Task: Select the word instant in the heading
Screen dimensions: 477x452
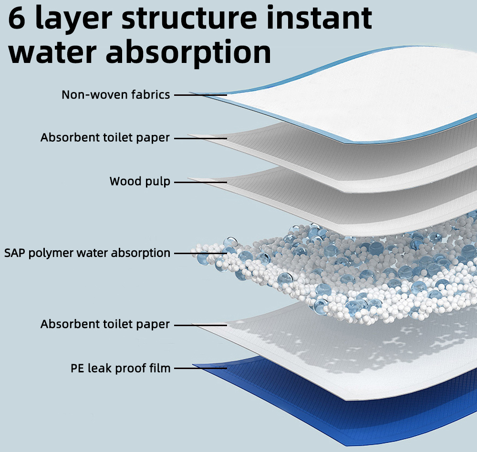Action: pyautogui.click(x=319, y=17)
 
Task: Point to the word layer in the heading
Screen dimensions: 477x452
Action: pyautogui.click(x=73, y=20)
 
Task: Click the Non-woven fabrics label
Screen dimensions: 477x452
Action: pyautogui.click(x=115, y=94)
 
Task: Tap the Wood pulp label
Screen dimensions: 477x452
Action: pyautogui.click(x=140, y=181)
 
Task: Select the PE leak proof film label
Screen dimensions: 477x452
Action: pyautogui.click(x=121, y=368)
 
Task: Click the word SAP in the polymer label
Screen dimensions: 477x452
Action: pyautogui.click(x=15, y=253)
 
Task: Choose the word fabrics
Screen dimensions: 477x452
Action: pyautogui.click(x=151, y=94)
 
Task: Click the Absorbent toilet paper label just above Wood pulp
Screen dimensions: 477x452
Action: pyautogui.click(x=105, y=137)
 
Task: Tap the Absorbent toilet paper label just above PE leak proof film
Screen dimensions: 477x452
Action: pyautogui.click(x=105, y=324)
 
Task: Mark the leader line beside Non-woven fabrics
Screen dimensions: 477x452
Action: pyautogui.click(x=200, y=95)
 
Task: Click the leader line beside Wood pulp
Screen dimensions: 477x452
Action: pyautogui.click(x=200, y=182)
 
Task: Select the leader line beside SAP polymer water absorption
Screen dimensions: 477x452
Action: pyautogui.click(x=200, y=253)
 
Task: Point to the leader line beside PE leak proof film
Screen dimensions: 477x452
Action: pyautogui.click(x=200, y=369)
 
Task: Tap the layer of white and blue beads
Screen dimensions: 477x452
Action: pyautogui.click(x=350, y=271)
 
